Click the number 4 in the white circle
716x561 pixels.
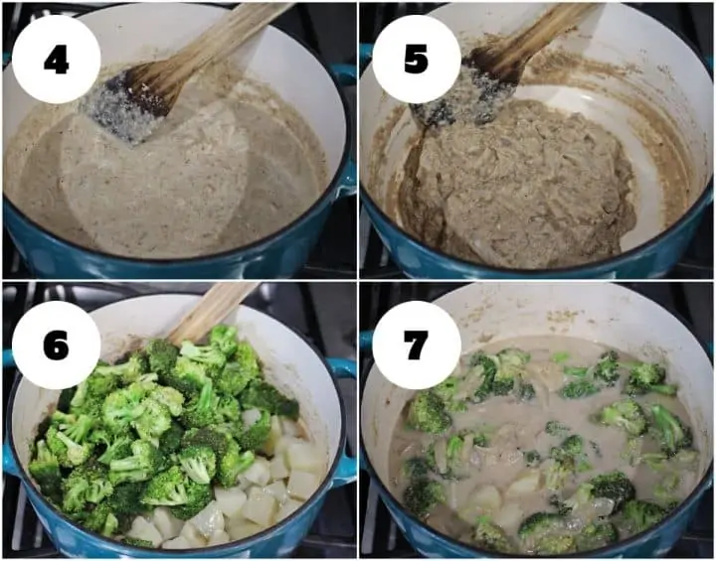click(x=56, y=60)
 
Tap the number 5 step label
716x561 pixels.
click(x=416, y=59)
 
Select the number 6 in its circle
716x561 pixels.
click(x=56, y=346)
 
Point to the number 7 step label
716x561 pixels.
click(x=416, y=345)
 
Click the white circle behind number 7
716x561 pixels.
click(x=416, y=346)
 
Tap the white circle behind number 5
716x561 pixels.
click(x=416, y=60)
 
